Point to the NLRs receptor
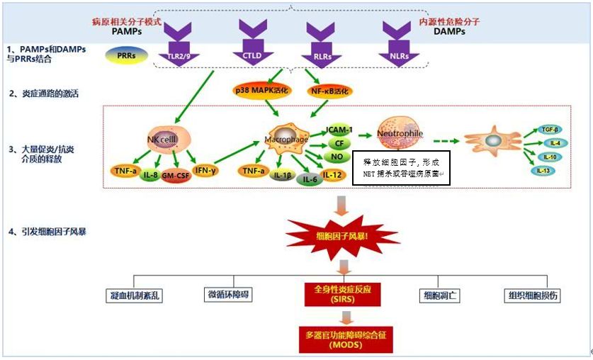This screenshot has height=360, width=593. [399, 55]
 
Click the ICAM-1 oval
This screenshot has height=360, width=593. [339, 131]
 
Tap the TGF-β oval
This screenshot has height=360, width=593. [548, 130]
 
